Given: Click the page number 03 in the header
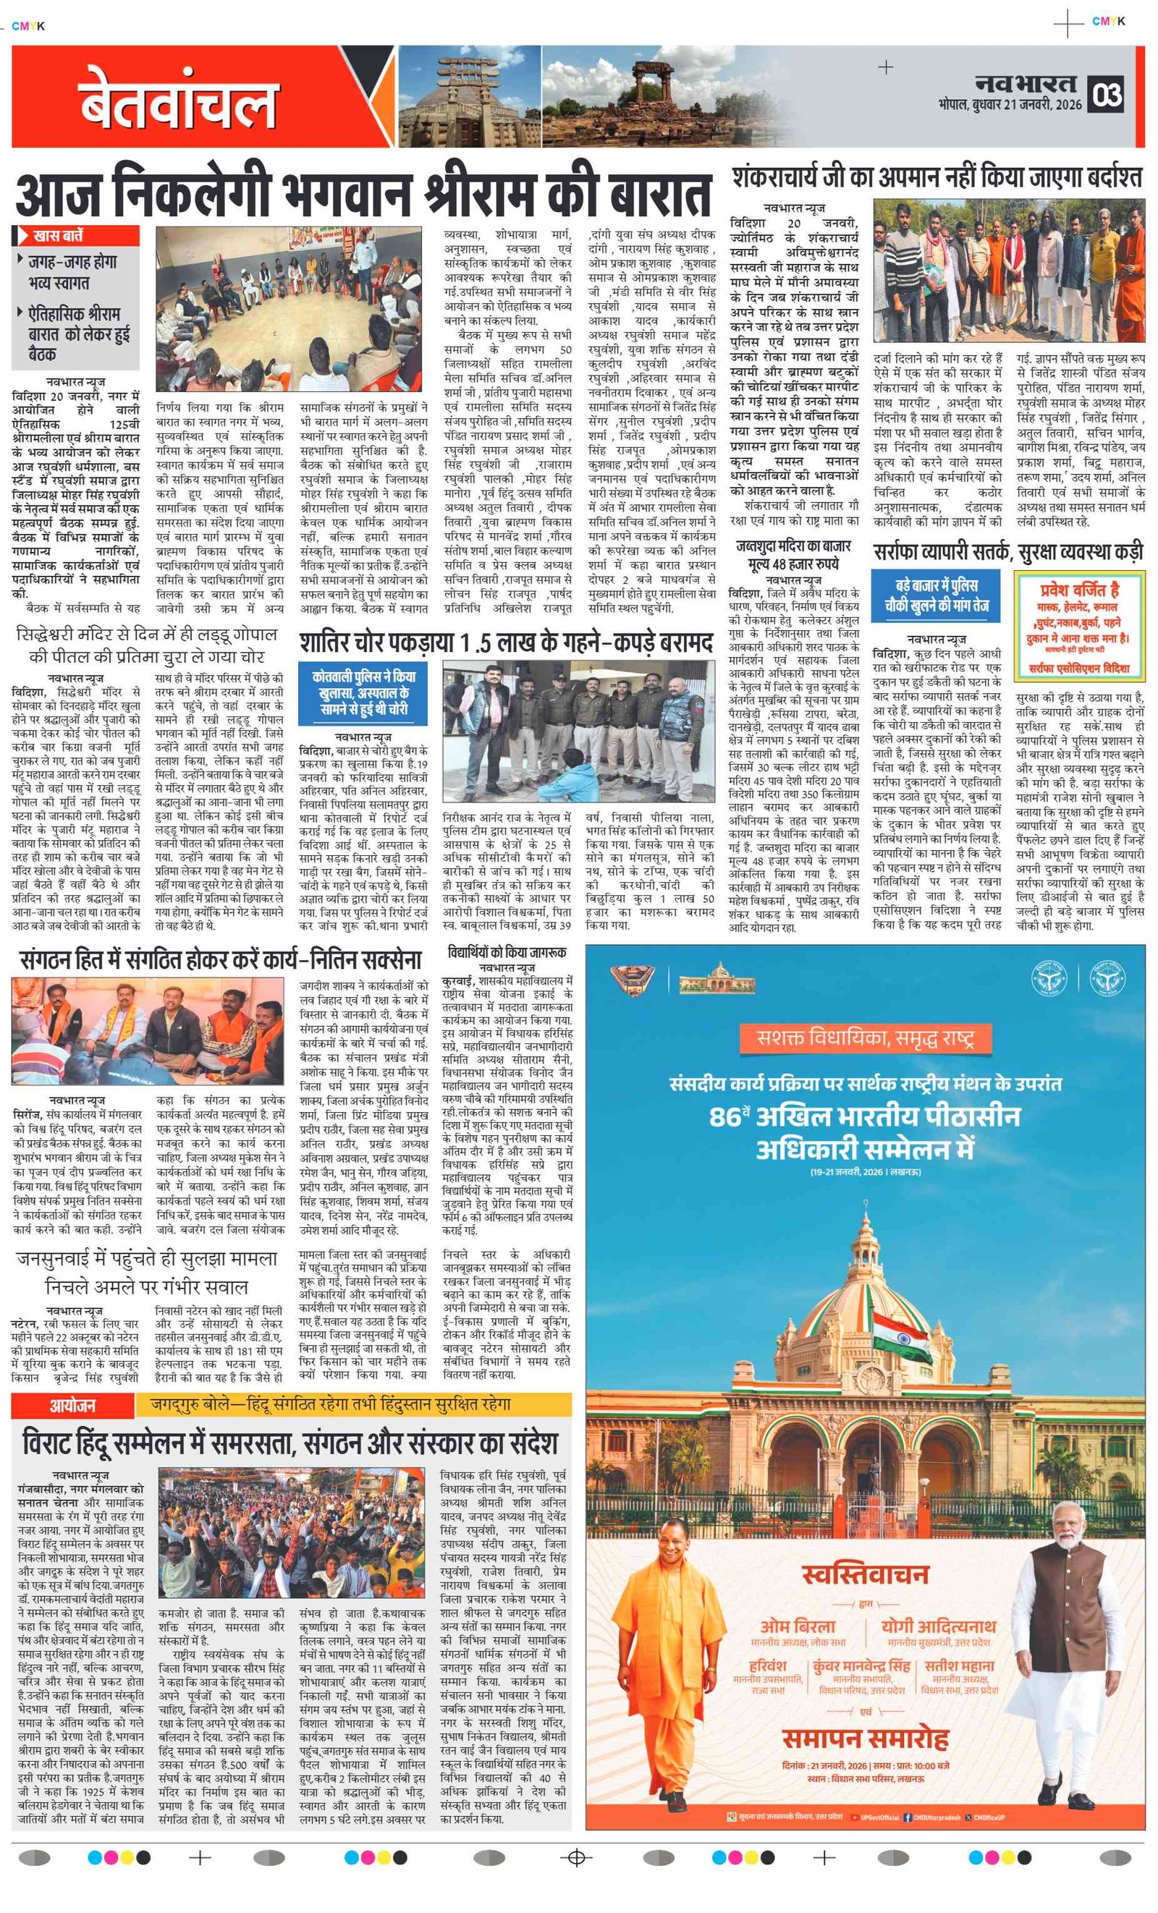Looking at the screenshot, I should pos(1107,94).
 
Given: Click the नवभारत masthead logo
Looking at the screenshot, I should pos(1026,83).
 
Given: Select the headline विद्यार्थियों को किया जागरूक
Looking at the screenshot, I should pos(507,952).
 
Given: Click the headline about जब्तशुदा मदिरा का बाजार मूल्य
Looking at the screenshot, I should pos(793,554).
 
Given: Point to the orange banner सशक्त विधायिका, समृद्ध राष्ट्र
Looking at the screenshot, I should pos(865,1038).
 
